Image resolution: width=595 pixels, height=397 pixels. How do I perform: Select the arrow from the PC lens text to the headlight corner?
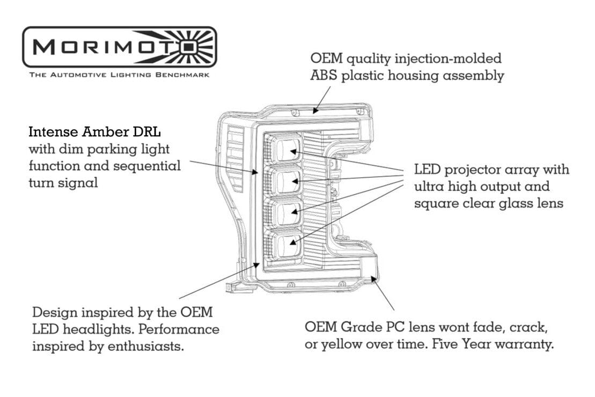[384, 295]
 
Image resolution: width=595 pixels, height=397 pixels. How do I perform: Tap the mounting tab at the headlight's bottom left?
[236, 288]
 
